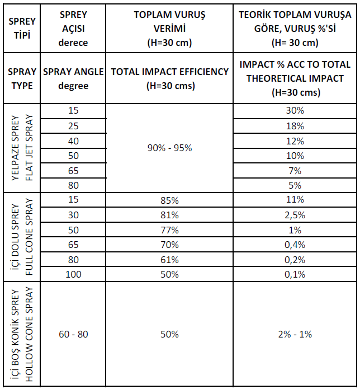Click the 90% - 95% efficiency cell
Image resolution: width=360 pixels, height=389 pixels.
click(x=169, y=148)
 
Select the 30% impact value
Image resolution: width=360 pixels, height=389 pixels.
click(x=295, y=110)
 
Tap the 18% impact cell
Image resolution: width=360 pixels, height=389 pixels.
click(x=295, y=126)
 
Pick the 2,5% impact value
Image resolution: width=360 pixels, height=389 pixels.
click(x=295, y=215)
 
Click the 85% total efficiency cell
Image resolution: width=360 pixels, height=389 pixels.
click(x=169, y=200)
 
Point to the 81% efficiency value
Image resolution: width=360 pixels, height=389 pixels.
click(x=169, y=215)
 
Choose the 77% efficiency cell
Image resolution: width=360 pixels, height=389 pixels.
click(x=169, y=230)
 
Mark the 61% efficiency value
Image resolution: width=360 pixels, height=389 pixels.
click(x=169, y=260)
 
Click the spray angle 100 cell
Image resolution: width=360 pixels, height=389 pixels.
click(x=73, y=274)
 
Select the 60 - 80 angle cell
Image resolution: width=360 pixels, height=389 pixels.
click(x=73, y=334)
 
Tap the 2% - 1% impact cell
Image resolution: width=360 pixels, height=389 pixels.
click(x=295, y=334)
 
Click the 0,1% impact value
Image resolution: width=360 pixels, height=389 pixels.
click(x=295, y=274)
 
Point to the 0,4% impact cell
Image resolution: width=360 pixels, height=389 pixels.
click(x=295, y=245)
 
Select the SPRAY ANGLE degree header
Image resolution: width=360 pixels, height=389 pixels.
click(x=73, y=79)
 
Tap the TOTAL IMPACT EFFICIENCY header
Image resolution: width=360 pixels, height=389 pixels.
click(x=170, y=79)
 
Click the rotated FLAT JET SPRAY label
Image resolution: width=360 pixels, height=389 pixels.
click(x=29, y=148)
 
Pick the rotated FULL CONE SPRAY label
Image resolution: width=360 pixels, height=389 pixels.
click(x=29, y=237)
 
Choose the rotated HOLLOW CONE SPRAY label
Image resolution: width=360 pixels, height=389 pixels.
click(x=29, y=334)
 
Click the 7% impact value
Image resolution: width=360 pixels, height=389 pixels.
click(x=295, y=171)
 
